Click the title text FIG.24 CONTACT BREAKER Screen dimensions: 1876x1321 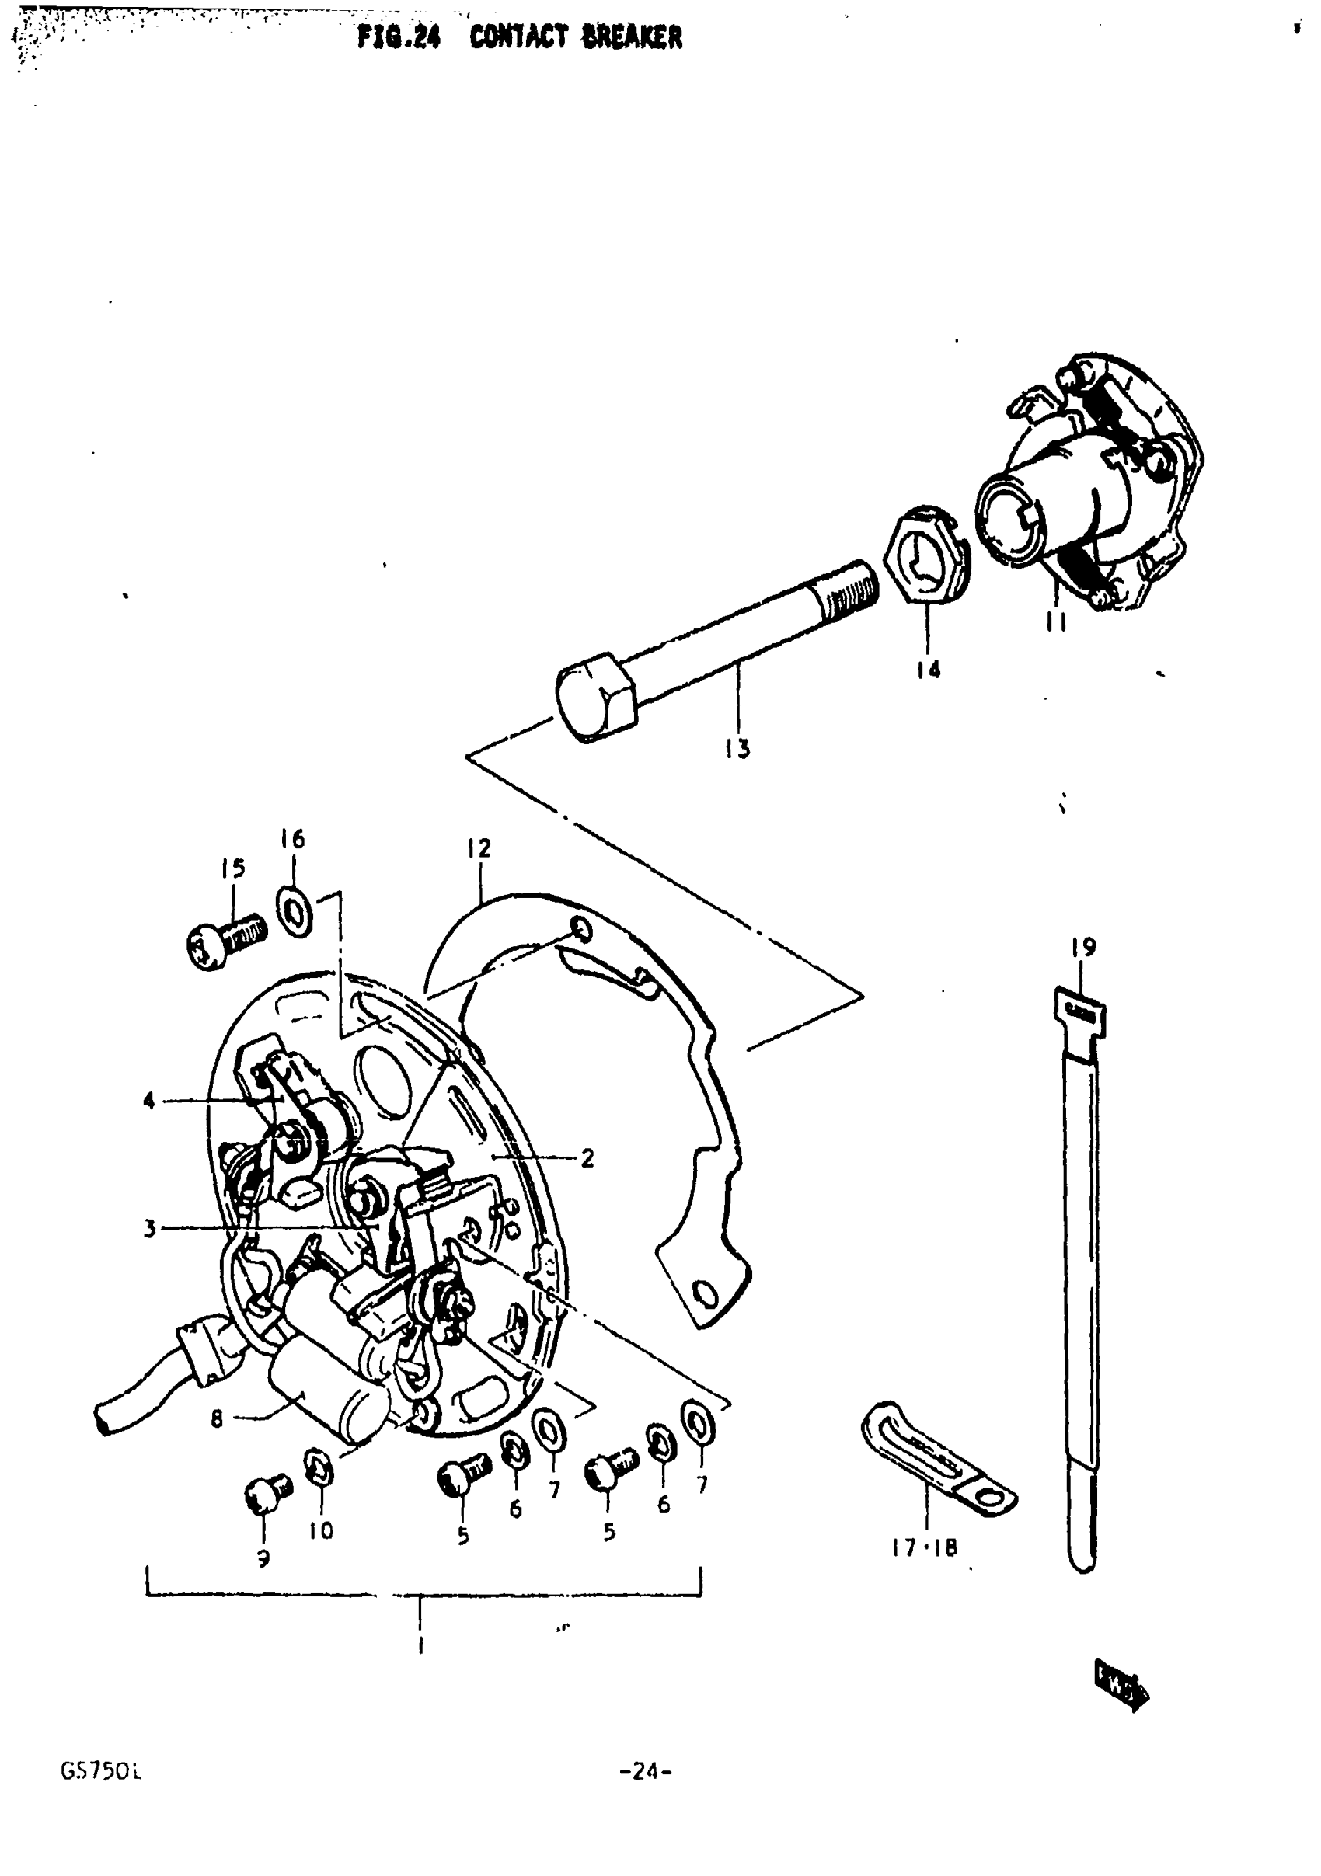[x=519, y=37]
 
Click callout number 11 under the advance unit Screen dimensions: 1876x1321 [x=1055, y=622]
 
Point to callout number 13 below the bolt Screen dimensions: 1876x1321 [x=737, y=748]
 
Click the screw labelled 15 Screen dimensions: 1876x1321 [x=225, y=941]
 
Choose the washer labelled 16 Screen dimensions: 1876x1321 [x=294, y=911]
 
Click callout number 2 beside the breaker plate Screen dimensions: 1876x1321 [x=587, y=1157]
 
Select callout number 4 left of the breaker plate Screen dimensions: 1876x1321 [x=148, y=1102]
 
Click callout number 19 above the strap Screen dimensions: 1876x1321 [x=1083, y=948]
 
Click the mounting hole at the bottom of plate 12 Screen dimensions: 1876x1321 [x=702, y=1294]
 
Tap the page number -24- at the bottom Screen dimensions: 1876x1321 [x=646, y=1771]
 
